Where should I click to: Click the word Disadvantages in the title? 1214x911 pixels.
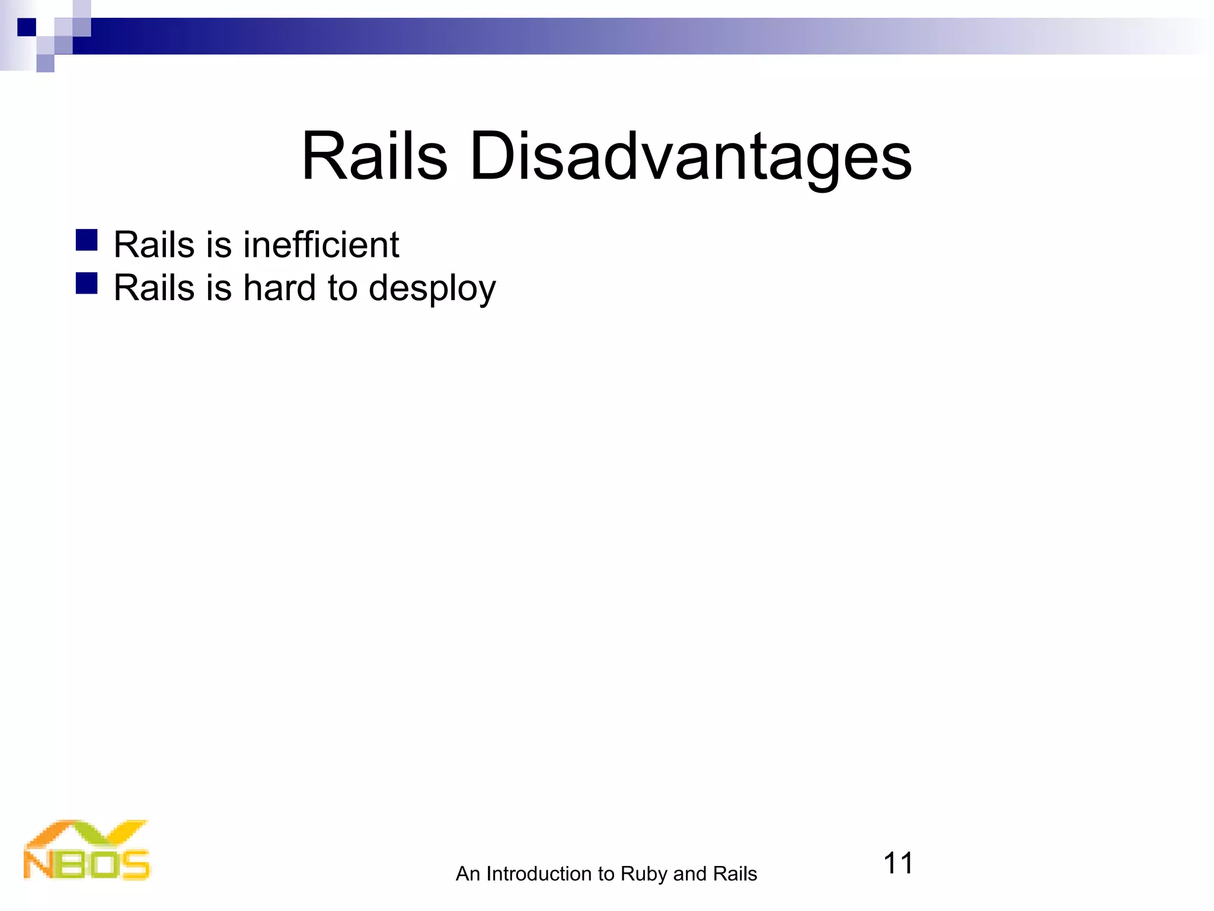pyautogui.click(x=690, y=157)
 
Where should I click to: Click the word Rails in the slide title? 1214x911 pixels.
pyautogui.click(x=374, y=157)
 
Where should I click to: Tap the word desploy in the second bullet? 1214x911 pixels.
pyautogui.click(x=432, y=289)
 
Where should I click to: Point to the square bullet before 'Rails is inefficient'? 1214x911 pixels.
pyautogui.click(x=87, y=240)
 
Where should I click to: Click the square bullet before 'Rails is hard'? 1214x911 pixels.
pyautogui.click(x=87, y=284)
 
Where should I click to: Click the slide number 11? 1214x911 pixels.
pyautogui.click(x=897, y=863)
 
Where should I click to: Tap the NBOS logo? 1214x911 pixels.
pyautogui.click(x=87, y=851)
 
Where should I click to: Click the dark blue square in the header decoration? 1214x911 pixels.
pyautogui.click(x=27, y=27)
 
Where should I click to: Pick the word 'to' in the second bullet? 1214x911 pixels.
pyautogui.click(x=342, y=288)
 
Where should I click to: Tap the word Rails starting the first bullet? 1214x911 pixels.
pyautogui.click(x=154, y=244)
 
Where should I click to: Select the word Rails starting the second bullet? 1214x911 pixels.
pyautogui.click(x=154, y=288)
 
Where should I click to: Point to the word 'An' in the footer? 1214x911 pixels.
pyautogui.click(x=467, y=874)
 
